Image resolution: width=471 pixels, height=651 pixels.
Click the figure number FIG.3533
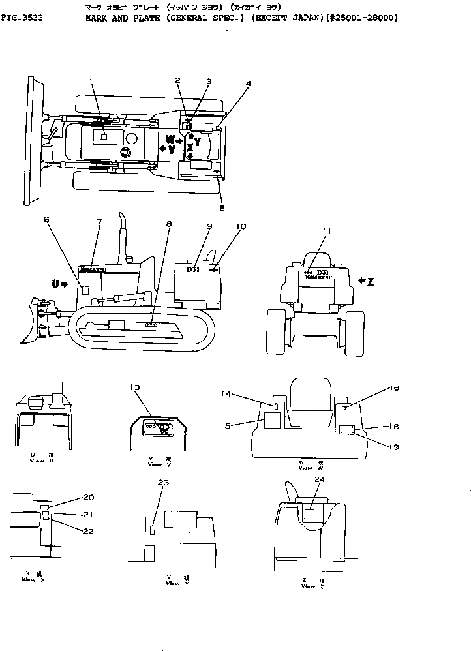coord(23,18)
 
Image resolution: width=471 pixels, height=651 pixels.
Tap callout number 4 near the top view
coord(249,84)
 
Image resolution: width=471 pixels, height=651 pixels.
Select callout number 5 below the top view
coord(222,208)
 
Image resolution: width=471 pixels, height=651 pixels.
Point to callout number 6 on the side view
coord(46,220)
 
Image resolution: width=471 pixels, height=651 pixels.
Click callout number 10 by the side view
coord(241,226)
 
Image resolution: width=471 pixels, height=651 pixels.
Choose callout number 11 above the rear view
coord(326,231)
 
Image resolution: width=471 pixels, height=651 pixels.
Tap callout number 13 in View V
coord(134,387)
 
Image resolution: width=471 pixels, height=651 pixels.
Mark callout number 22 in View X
coord(88,531)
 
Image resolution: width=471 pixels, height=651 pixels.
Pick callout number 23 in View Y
coord(163,483)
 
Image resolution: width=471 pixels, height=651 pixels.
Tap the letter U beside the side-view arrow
coord(56,282)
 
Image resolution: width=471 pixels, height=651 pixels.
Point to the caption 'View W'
coord(306,468)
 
